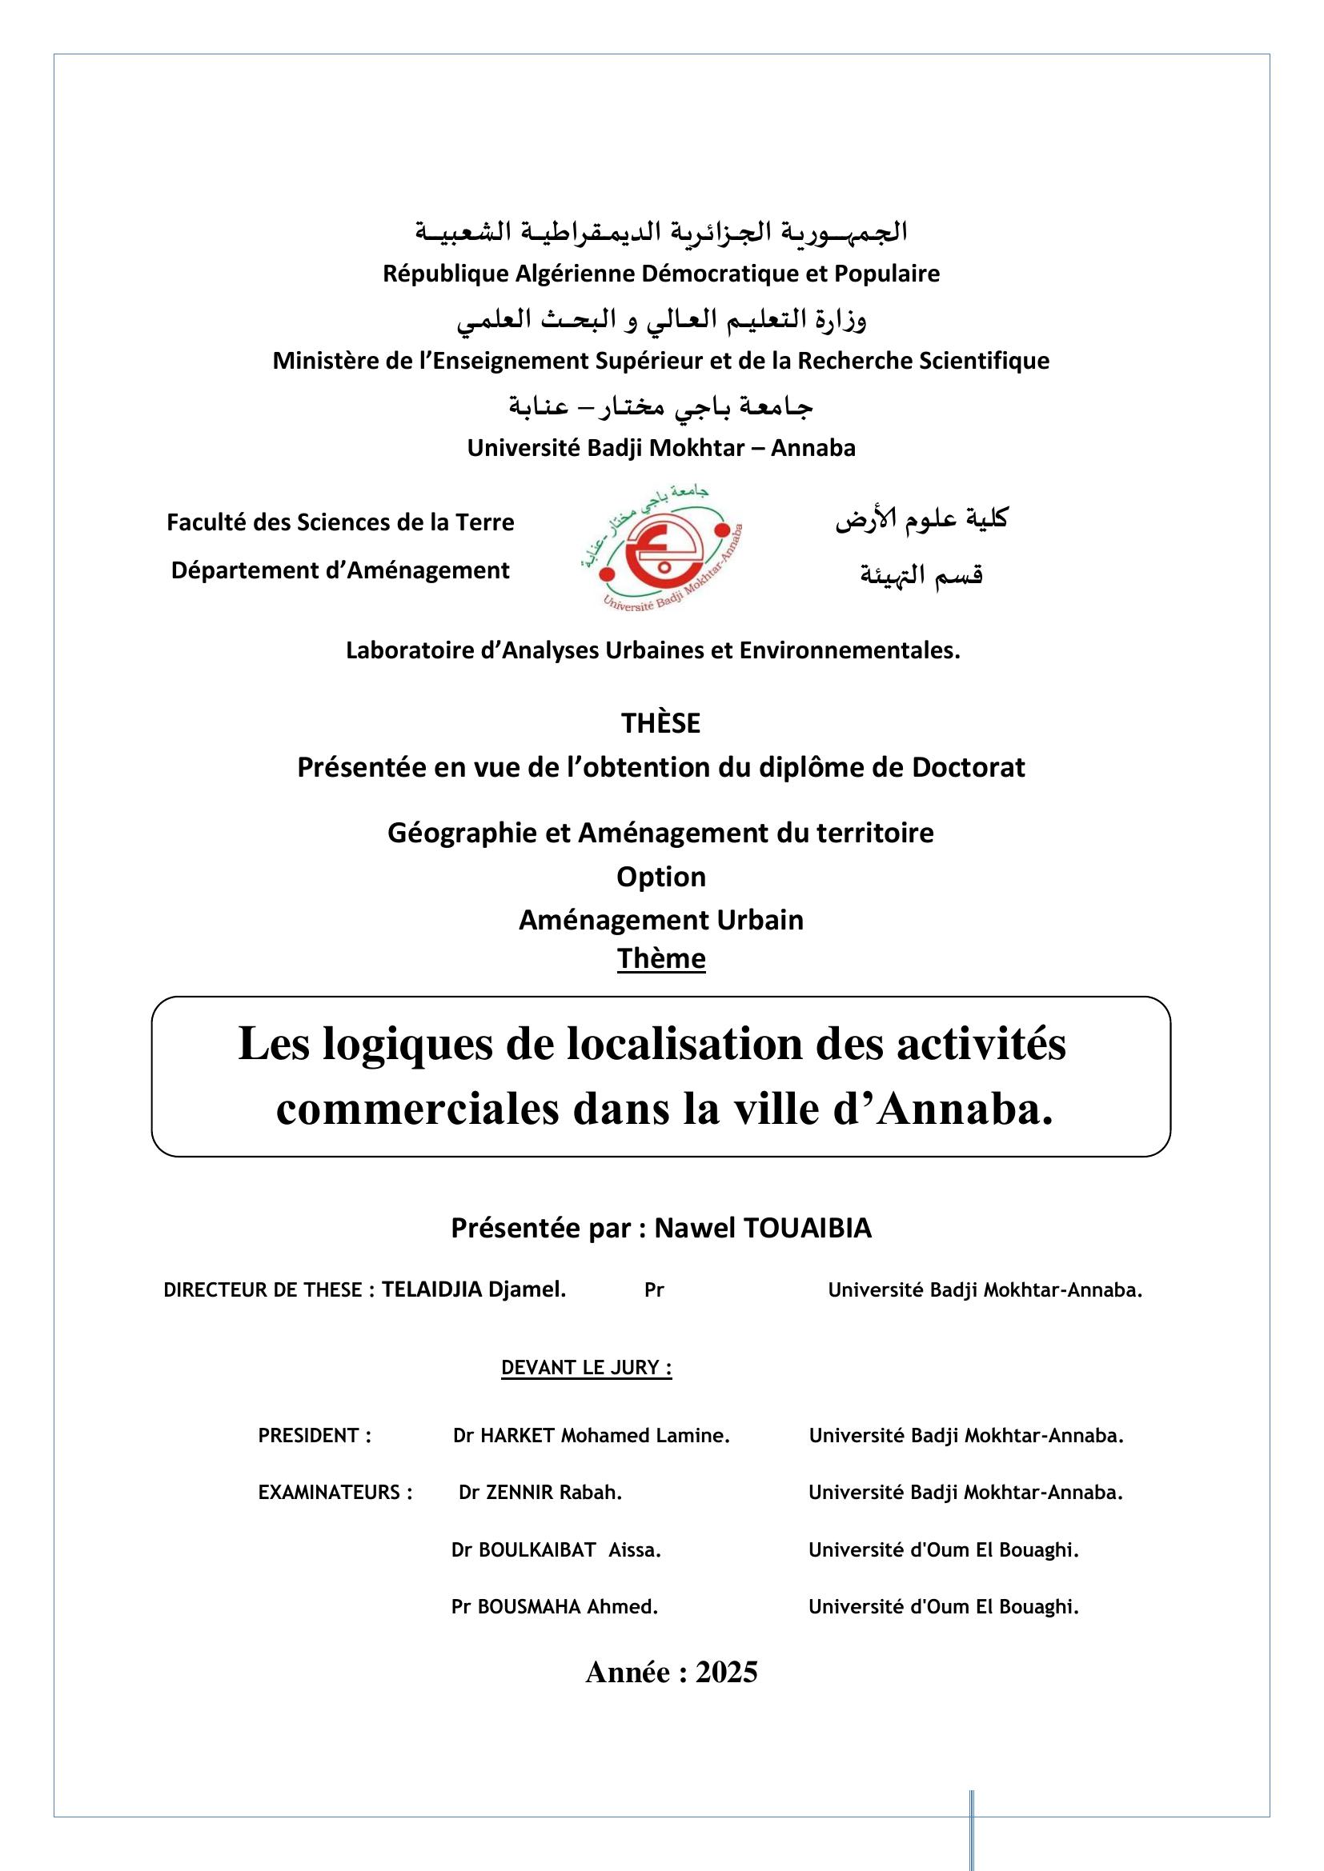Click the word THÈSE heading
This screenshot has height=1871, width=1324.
pos(660,724)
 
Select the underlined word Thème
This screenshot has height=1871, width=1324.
pos(661,958)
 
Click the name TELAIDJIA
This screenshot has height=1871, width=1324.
pos(431,1290)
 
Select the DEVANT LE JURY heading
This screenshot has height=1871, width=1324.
pos(586,1367)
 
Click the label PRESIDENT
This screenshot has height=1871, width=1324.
pos(315,1436)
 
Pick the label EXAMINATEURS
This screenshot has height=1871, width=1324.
pos(335,1493)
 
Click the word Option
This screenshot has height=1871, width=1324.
pos(661,877)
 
